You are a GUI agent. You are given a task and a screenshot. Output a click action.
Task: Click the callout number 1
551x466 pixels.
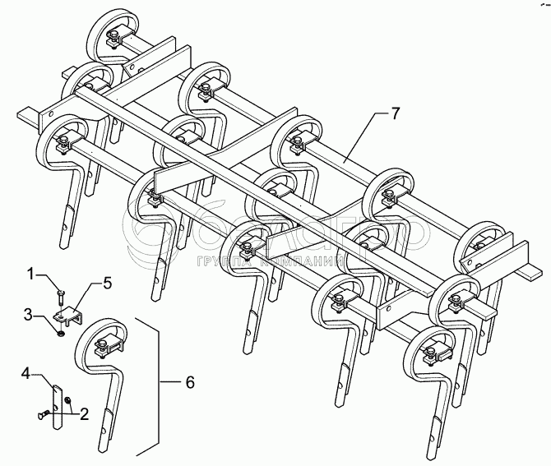(x=31, y=272)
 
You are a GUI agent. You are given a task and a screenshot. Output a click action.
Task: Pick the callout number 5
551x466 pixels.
(x=107, y=284)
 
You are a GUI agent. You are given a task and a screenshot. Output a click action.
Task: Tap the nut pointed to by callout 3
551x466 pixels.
(x=60, y=331)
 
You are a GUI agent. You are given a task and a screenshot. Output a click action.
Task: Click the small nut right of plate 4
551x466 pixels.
(x=70, y=403)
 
